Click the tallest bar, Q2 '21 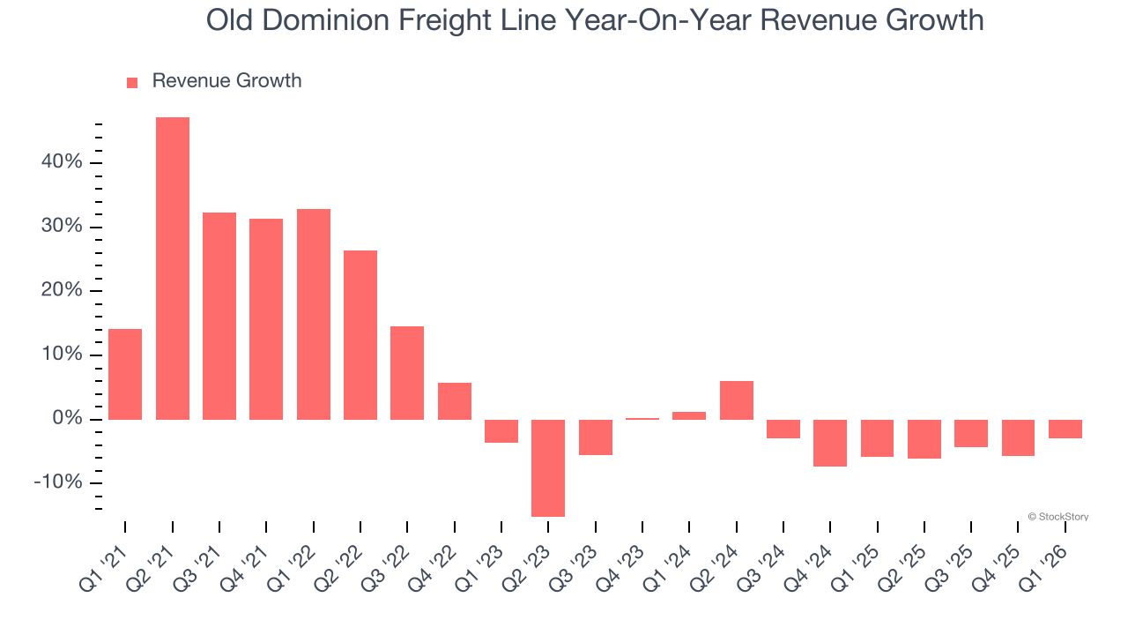(x=173, y=268)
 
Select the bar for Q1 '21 (x=125, y=374)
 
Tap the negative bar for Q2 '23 (x=548, y=467)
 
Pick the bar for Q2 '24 (x=737, y=400)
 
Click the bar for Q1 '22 (x=314, y=314)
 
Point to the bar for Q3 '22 (x=407, y=373)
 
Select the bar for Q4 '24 (x=830, y=443)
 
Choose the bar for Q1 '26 (x=1065, y=429)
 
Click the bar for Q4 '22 (x=455, y=401)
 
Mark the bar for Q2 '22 (x=360, y=335)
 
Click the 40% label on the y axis (x=61, y=162)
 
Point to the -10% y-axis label (x=58, y=482)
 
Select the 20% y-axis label (x=61, y=291)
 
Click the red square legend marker (x=132, y=82)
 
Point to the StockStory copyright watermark (x=1057, y=517)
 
